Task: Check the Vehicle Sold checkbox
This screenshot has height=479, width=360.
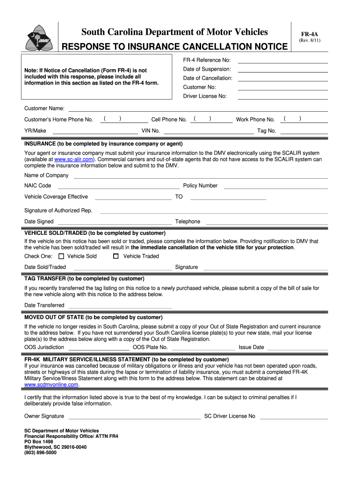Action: coord(61,256)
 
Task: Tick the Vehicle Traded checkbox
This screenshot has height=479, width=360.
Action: coord(116,256)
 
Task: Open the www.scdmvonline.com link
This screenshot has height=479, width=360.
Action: coord(51,385)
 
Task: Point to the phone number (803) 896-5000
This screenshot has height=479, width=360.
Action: coord(40,453)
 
